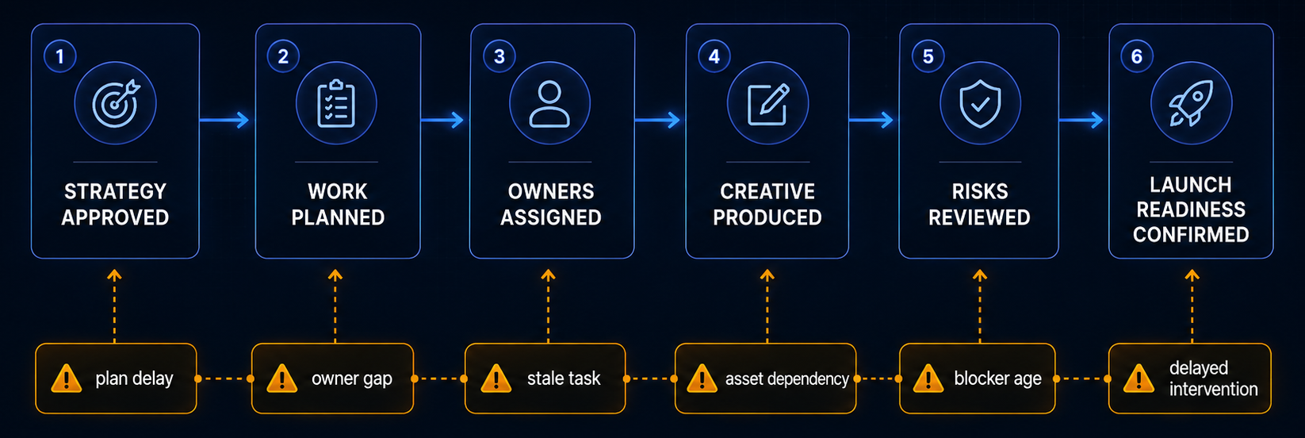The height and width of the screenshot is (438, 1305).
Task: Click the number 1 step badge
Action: [60, 56]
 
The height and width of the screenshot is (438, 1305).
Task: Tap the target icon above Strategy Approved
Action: [116, 103]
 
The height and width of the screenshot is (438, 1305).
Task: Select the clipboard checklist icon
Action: [336, 103]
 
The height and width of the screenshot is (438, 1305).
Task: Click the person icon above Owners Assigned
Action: [549, 104]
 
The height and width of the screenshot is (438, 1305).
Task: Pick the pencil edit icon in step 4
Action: [767, 105]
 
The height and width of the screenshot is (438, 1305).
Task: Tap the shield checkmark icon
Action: [981, 104]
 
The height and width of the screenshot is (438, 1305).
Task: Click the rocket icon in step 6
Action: [1192, 103]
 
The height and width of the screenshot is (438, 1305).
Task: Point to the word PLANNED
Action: [338, 217]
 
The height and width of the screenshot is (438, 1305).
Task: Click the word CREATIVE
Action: [767, 191]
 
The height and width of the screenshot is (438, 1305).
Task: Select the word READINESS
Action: [1191, 209]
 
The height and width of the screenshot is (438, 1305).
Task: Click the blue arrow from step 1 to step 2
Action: [224, 120]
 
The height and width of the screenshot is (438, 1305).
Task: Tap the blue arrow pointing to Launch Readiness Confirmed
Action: [1081, 120]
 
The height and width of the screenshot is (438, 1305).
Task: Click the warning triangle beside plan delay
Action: [67, 378]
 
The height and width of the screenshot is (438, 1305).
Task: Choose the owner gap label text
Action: [352, 379]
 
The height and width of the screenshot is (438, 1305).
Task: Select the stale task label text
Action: [564, 378]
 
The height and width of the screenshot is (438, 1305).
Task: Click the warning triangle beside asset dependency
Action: [702, 378]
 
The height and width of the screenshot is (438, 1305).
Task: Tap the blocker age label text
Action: [998, 379]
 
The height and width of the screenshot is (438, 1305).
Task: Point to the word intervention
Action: [1214, 389]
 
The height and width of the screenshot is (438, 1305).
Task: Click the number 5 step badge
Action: [928, 56]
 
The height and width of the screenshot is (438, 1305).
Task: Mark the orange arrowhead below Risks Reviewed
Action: [980, 275]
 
